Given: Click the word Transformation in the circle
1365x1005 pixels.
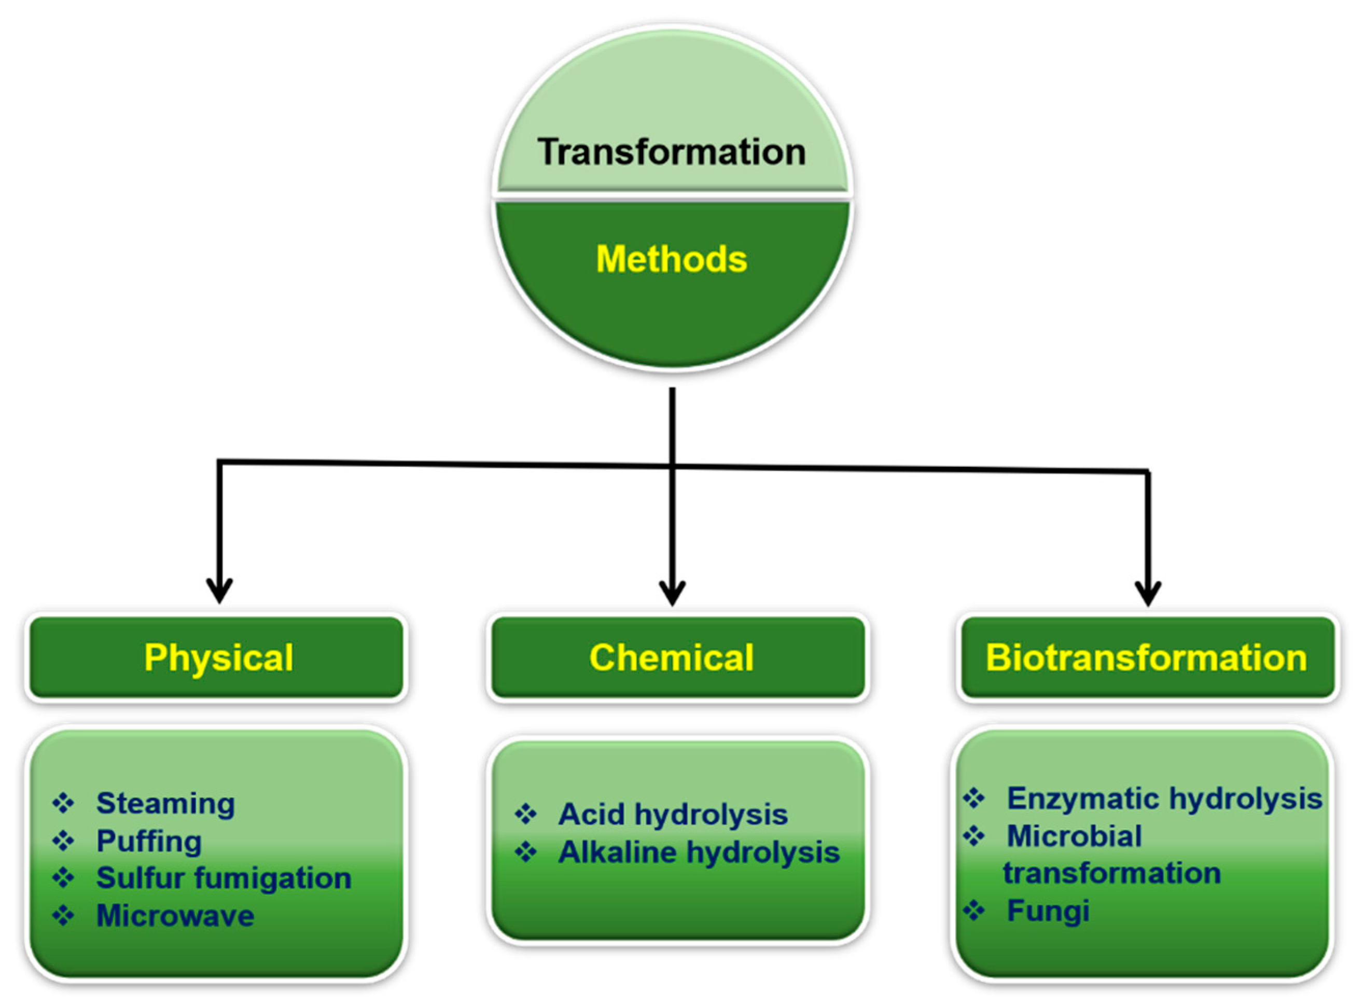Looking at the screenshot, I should click(671, 152).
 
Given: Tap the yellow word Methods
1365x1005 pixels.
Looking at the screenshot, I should click(671, 259).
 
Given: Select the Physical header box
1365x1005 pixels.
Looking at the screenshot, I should click(217, 658).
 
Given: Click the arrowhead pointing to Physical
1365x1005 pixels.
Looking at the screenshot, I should click(219, 590).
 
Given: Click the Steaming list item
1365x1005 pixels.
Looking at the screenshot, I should click(165, 804).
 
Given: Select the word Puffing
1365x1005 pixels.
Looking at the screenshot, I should click(149, 841).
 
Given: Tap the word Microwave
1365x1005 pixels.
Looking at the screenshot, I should click(175, 916).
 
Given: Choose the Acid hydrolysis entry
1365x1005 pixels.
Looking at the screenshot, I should click(673, 815).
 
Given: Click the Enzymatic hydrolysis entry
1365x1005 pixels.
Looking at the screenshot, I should click(1164, 799).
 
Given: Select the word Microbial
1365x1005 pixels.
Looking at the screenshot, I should click(1074, 836).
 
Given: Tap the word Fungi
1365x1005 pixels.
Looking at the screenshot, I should click(1048, 911).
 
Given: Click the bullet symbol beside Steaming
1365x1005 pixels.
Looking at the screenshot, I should click(63, 803).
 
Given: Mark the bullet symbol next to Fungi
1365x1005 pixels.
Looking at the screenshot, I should click(974, 911).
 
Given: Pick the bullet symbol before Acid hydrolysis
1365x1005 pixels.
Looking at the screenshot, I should click(525, 814).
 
